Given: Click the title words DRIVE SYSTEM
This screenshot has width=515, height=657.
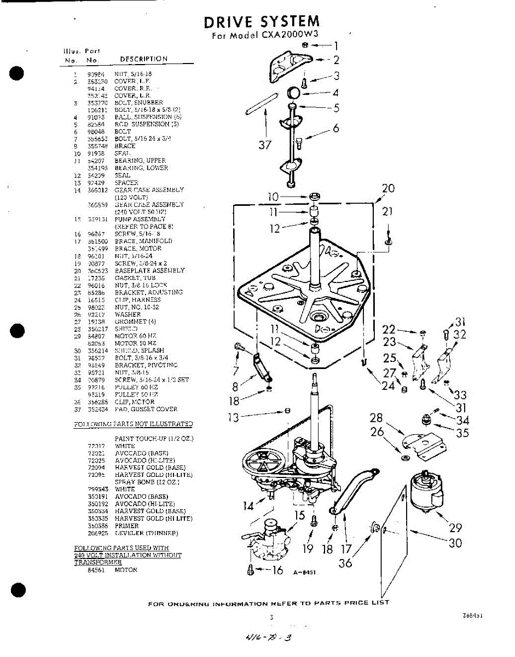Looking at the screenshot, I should [x=262, y=22].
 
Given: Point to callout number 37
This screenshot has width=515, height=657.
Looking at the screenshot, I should [x=265, y=145].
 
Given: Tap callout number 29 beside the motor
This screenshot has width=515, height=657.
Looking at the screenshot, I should [x=455, y=528].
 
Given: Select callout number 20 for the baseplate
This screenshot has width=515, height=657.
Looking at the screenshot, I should [x=388, y=189].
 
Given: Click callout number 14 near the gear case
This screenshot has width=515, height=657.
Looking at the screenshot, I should [x=248, y=505].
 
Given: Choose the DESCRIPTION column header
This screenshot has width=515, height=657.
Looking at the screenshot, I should [x=143, y=59].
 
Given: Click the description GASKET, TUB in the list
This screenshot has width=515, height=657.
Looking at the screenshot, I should [x=135, y=278].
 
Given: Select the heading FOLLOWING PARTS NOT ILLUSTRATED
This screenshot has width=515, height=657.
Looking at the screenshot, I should [x=133, y=424].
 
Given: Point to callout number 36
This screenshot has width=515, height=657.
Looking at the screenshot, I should [x=345, y=562].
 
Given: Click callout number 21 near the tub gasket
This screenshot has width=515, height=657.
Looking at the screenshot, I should [x=387, y=212].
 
